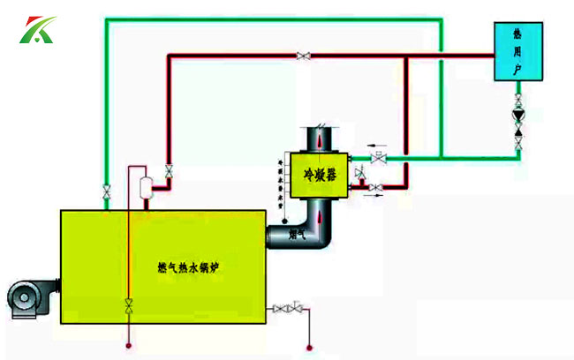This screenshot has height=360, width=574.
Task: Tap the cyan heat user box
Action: point(517,52)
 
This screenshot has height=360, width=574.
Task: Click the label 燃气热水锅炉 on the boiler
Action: point(187,266)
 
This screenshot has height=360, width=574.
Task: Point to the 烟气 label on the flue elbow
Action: point(298,234)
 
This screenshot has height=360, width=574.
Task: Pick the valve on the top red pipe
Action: point(304,56)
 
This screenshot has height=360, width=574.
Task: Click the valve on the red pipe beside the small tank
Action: point(168,170)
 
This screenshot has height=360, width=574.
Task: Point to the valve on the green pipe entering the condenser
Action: point(380,159)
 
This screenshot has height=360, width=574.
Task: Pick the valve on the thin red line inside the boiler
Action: point(129,305)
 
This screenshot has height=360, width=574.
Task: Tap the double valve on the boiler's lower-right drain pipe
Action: point(288,308)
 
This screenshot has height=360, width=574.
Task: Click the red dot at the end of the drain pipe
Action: point(309,346)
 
